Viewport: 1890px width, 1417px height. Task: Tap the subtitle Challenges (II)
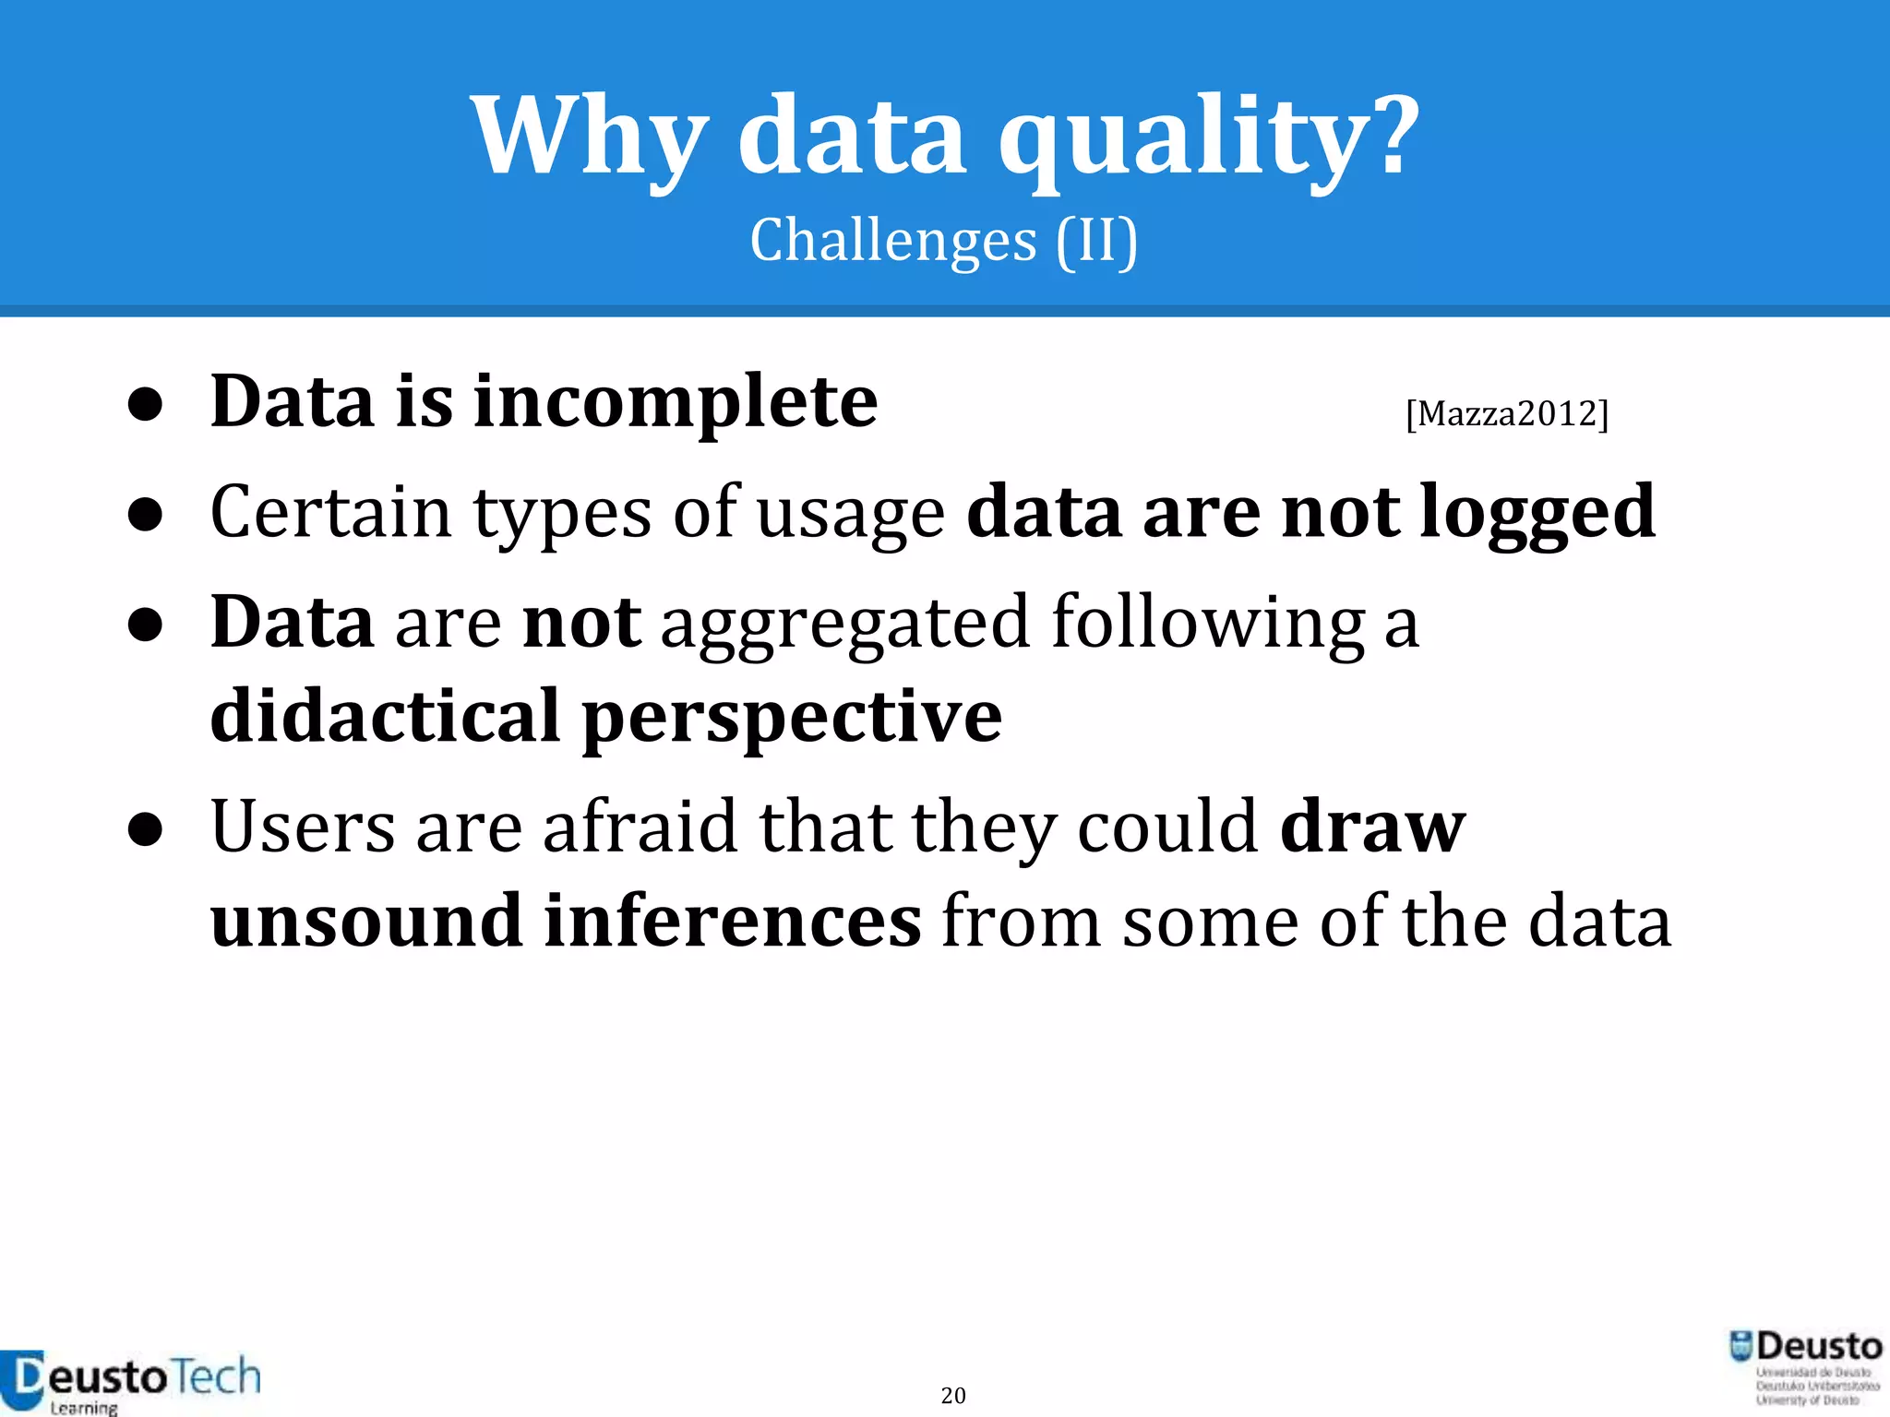(x=944, y=241)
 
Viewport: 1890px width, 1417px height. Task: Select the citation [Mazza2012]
(x=1506, y=413)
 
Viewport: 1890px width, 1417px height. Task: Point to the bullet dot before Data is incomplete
(x=146, y=406)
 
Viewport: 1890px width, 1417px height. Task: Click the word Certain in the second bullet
(x=330, y=512)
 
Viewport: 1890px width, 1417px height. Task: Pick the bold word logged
(x=1537, y=514)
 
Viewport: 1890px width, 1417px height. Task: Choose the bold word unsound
(x=365, y=921)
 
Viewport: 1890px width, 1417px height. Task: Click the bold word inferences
(x=732, y=921)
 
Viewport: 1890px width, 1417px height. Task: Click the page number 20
(x=953, y=1395)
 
